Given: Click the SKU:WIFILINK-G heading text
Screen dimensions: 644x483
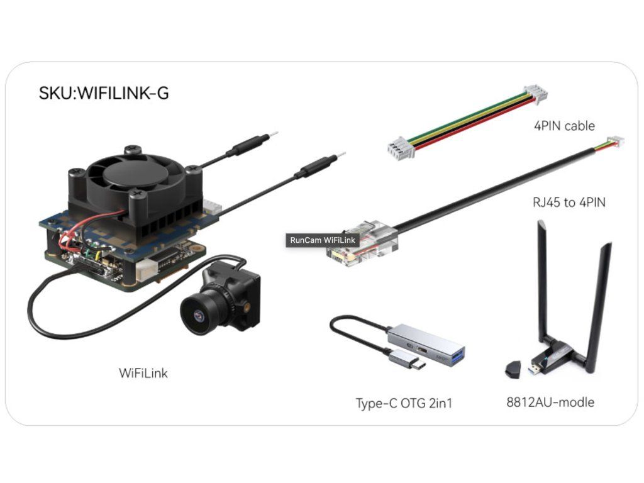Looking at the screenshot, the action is (x=104, y=93).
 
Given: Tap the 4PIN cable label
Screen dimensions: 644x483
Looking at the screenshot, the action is (x=564, y=126).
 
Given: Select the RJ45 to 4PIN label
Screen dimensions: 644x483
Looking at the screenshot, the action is (x=569, y=202).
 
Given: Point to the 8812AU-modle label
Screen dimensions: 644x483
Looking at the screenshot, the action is (x=550, y=402).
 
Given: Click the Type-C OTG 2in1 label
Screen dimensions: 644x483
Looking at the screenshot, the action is (x=404, y=403).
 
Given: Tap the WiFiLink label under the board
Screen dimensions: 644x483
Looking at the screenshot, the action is (x=143, y=373).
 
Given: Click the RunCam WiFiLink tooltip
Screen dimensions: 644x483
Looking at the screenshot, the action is (x=323, y=240).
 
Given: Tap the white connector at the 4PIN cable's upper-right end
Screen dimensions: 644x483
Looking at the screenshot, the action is (x=535, y=94).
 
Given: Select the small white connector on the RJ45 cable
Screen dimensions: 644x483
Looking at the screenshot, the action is (x=616, y=142).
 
